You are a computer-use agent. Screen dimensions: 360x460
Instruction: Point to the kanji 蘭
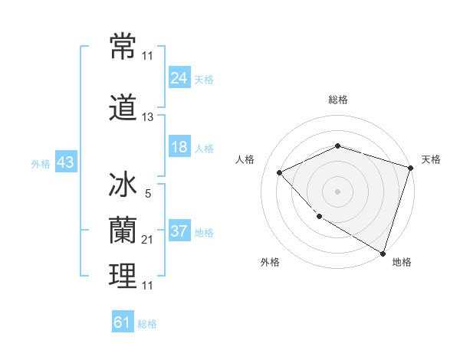(x=123, y=230)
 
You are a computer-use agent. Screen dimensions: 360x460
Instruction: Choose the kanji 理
(x=123, y=276)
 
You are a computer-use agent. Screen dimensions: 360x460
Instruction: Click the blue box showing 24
(x=179, y=77)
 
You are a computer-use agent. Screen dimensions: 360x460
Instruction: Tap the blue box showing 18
(x=179, y=147)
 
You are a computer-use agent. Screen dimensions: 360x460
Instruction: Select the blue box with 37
(x=179, y=231)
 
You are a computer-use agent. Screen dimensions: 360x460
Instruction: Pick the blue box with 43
(x=64, y=163)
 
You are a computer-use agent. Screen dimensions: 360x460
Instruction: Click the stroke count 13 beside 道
(x=147, y=117)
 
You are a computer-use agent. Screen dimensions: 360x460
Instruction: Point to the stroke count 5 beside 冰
(x=147, y=195)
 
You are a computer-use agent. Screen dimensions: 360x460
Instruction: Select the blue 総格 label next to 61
(x=147, y=324)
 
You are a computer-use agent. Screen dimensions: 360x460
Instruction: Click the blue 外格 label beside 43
(x=41, y=164)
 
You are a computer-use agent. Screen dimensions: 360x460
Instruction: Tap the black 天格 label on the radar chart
(x=431, y=159)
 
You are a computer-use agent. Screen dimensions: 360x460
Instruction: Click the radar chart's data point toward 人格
(x=280, y=172)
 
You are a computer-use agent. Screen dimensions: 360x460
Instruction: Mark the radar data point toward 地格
(x=382, y=252)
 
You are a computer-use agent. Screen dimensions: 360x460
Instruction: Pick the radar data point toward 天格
(x=411, y=167)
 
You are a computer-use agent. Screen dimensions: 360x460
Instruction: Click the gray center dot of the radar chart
(x=337, y=191)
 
